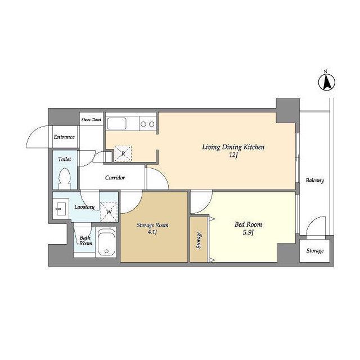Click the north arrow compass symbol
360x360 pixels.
pos(326,82)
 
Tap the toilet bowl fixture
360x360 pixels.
pos(65,179)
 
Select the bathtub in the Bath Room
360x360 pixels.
pos(106,242)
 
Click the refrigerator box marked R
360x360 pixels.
pos(123,154)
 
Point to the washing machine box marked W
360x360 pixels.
pos(109,211)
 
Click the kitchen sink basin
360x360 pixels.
pos(117,124)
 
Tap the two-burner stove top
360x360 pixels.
pos(147,124)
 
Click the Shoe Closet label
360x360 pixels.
pos(91,120)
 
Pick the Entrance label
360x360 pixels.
pos(64,137)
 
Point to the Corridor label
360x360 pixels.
pos(115,178)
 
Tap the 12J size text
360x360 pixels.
pos(233,155)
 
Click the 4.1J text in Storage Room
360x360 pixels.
pos(152,232)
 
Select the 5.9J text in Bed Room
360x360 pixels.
pos(248,232)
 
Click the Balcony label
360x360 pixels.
pos(315,181)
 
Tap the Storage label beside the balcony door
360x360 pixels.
pos(315,250)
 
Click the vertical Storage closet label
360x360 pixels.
pos(199,240)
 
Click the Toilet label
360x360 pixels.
pos(65,159)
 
